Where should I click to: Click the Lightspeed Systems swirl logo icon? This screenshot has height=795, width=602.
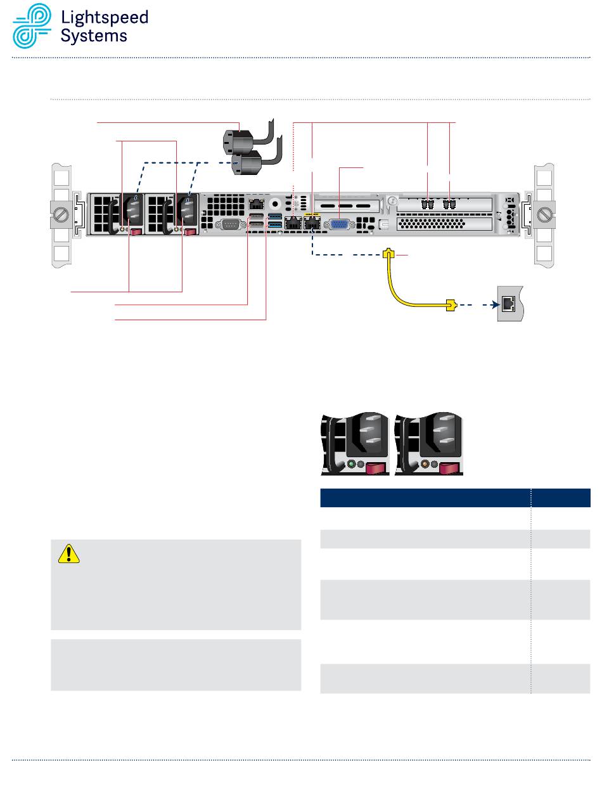(32, 27)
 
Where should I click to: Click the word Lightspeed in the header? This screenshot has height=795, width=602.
(104, 18)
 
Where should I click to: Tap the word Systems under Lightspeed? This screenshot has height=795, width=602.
(94, 36)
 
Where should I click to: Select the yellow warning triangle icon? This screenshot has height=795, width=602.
(68, 554)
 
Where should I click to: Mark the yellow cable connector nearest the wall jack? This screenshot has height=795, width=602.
(451, 306)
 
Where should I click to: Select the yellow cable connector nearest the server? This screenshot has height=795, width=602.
(390, 254)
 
